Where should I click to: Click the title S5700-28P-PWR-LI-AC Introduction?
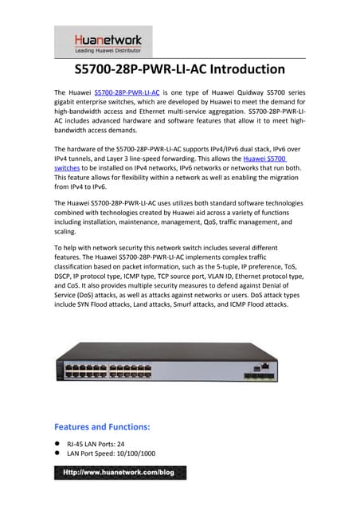tap(179, 69)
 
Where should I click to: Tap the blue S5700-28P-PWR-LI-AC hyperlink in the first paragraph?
tap(125, 93)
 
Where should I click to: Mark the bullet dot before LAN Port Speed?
tap(57, 453)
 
